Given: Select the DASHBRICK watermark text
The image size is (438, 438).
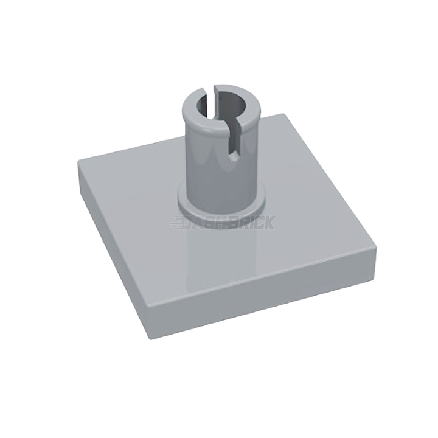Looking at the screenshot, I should pos(222,223).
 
